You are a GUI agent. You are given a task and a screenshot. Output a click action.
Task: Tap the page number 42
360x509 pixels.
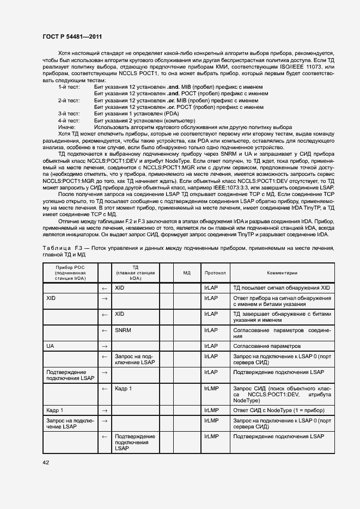[x=46, y=462]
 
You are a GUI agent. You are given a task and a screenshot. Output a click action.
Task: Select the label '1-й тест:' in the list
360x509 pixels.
[x=69, y=87]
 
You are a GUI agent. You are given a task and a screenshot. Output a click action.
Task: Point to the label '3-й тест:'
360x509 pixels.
[x=69, y=114]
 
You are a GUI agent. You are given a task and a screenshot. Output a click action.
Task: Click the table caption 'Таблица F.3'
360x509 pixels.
[x=62, y=248]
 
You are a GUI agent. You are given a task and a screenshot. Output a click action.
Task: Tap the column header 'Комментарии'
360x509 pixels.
[x=282, y=272]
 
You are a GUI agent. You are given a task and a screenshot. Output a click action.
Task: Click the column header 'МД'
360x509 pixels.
[x=186, y=272]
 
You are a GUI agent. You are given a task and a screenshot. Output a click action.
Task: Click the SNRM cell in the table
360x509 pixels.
[x=123, y=330]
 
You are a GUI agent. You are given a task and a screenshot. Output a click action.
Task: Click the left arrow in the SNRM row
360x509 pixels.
[x=105, y=330]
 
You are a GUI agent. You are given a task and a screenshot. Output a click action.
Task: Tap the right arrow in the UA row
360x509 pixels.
[x=105, y=346]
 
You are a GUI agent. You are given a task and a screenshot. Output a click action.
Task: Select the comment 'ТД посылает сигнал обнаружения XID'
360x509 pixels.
[x=281, y=287]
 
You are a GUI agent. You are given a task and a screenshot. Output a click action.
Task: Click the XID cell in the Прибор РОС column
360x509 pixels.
[x=52, y=299]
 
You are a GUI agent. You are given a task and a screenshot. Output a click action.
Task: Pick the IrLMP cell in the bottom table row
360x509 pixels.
[x=211, y=437]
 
